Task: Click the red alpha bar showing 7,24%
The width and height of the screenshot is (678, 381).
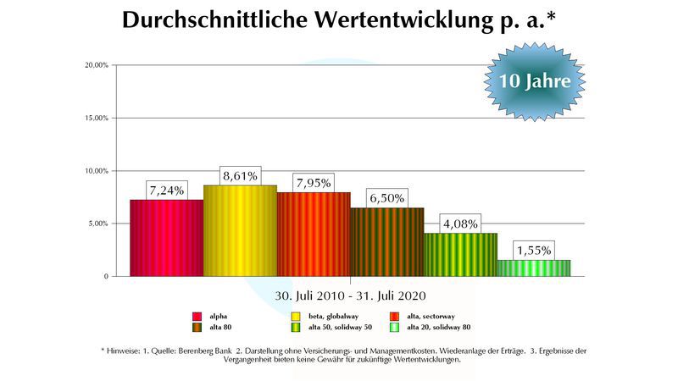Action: click(x=166, y=238)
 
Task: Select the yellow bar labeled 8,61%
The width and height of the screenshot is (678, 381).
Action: click(x=240, y=230)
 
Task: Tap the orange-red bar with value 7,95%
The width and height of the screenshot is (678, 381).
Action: click(x=314, y=234)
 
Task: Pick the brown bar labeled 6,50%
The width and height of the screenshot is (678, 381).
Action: click(x=386, y=241)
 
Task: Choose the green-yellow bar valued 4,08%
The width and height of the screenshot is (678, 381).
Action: click(x=460, y=254)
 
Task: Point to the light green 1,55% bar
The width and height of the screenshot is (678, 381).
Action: click(x=533, y=268)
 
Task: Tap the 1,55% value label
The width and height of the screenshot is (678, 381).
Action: click(x=534, y=251)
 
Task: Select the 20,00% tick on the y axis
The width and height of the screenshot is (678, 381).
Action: click(x=94, y=65)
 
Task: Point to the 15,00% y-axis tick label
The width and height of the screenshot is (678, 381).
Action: click(x=94, y=118)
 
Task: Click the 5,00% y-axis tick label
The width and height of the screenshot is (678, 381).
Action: click(x=96, y=224)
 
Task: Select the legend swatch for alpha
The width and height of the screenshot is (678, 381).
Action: click(x=197, y=316)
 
